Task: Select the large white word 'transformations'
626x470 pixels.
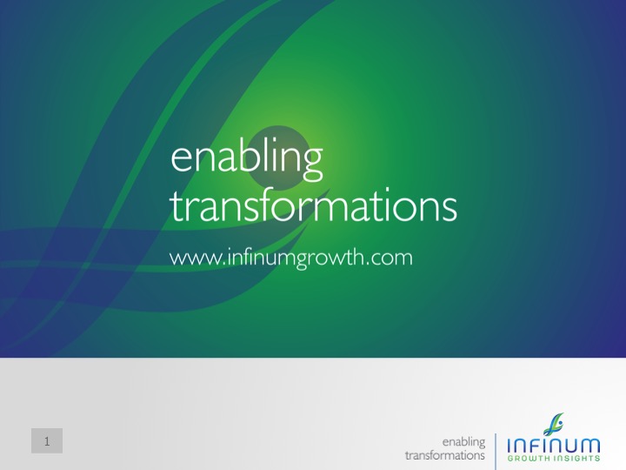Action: tap(314, 206)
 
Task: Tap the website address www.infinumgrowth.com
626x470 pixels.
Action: tap(291, 258)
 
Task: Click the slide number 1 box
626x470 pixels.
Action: tap(47, 440)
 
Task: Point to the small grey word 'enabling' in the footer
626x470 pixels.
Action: tap(464, 442)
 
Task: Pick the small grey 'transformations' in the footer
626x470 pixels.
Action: tap(445, 455)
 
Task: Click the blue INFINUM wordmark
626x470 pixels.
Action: tap(553, 445)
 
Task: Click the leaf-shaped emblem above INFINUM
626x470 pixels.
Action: tap(553, 425)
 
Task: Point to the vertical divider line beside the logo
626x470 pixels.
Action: tap(496, 452)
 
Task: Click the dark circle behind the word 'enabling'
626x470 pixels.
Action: tap(279, 158)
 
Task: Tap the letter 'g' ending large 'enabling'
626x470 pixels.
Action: tap(312, 164)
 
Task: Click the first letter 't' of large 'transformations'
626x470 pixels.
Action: tap(177, 207)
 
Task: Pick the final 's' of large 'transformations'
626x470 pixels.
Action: tap(450, 211)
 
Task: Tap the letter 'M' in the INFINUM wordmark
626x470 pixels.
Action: tap(589, 446)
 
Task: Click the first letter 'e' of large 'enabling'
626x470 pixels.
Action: tap(182, 159)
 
